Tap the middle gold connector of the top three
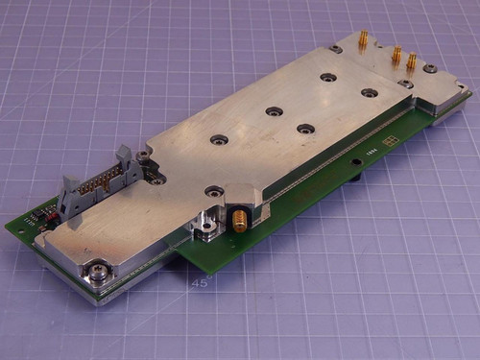point(396,56)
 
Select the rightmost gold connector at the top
point(412,62)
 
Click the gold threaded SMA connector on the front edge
point(236,223)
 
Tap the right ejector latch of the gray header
point(124,156)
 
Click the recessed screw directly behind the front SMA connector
point(214,192)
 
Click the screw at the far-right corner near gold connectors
point(431,69)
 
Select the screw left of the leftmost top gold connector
point(335,49)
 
